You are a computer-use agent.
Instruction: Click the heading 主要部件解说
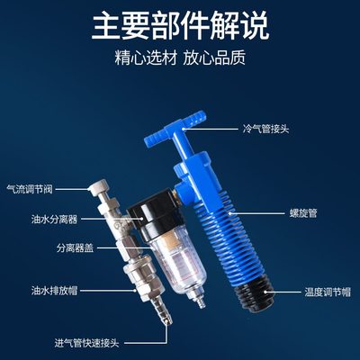[180, 25]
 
